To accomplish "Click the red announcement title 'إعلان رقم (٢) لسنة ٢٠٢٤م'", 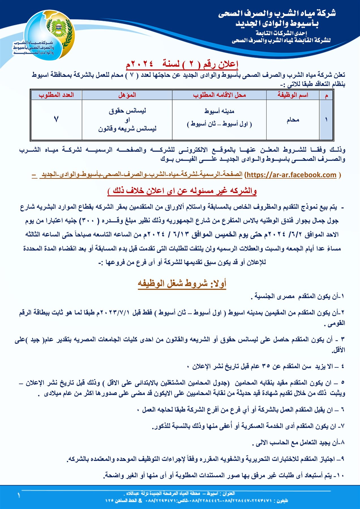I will (x=182, y=64).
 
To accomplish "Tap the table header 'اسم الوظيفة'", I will (x=293, y=95).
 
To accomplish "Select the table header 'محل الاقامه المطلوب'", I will (x=219, y=95).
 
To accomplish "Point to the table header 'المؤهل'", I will (x=127, y=95).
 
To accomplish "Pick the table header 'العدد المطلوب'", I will (x=56, y=95).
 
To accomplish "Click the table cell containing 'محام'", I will (x=293, y=120).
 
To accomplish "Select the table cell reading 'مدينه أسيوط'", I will (x=219, y=111).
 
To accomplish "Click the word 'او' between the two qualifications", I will (x=127, y=120).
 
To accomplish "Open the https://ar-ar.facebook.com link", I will (x=291, y=175).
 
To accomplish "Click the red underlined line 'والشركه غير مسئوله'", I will (x=182, y=191).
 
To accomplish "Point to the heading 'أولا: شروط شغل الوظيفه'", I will (x=182, y=283).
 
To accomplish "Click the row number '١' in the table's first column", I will (x=326, y=120).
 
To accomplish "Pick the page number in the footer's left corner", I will (x=19, y=495).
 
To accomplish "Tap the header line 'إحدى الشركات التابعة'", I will (x=277, y=33).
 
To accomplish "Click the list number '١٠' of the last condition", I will (x=339, y=476).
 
